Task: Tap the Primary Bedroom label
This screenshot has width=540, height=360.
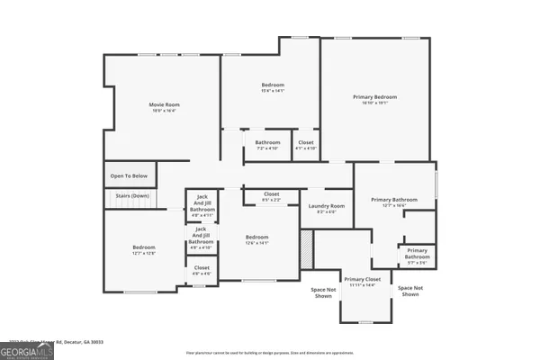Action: [x=374, y=99]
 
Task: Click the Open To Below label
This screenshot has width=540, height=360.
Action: [x=129, y=176]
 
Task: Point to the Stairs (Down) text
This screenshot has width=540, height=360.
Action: [x=131, y=195]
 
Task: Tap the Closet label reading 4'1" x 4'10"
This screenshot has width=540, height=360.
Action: [x=306, y=145]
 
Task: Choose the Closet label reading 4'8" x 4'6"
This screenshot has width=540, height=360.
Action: [x=202, y=269]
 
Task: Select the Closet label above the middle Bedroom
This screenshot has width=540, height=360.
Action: [x=271, y=196]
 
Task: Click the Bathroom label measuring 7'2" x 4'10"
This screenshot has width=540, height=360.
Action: [x=267, y=145]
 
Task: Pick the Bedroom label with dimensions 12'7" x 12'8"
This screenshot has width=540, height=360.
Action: [x=144, y=249]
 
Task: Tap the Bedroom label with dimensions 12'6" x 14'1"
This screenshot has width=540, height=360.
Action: [x=257, y=240]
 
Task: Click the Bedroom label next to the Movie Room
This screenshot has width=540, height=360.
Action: [x=272, y=87]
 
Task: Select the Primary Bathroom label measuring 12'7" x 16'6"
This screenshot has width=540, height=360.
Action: [x=395, y=202]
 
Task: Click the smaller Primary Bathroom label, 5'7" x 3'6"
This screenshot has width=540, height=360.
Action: [x=417, y=254]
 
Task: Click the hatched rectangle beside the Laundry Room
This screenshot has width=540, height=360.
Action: [x=307, y=248]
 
